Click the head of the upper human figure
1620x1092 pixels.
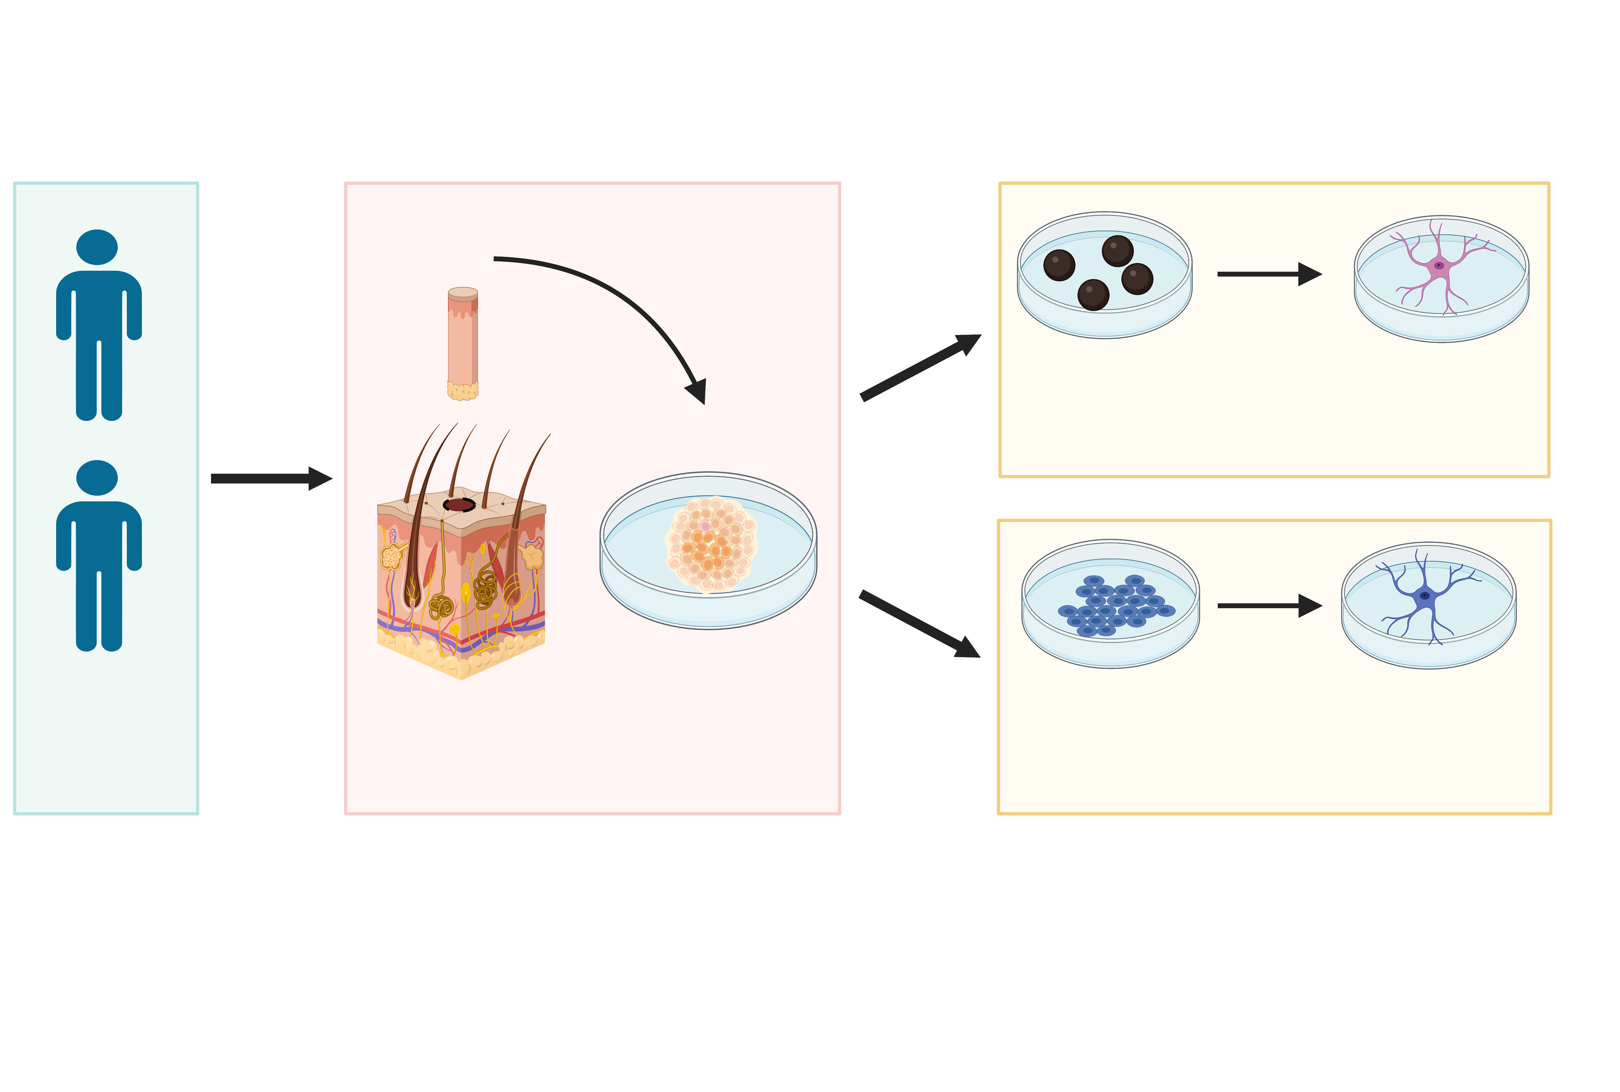(x=97, y=247)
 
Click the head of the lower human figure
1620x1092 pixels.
(x=97, y=478)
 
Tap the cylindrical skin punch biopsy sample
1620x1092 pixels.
(x=462, y=341)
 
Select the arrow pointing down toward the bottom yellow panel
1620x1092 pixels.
(x=919, y=623)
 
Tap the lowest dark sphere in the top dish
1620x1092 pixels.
(x=1093, y=295)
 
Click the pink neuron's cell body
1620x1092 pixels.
(x=1438, y=265)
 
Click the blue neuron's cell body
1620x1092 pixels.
(x=1424, y=596)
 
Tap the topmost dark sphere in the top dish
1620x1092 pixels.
(x=1117, y=251)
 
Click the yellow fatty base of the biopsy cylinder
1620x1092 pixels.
(x=462, y=391)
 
